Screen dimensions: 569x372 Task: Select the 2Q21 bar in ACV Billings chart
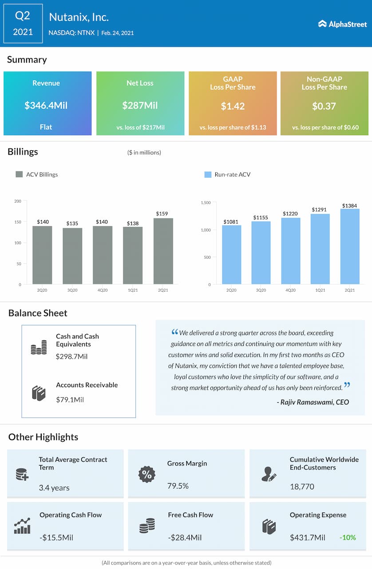click(163, 251)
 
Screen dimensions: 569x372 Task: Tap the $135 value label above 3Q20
click(72, 223)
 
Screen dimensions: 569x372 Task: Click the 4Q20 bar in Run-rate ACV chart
click(291, 251)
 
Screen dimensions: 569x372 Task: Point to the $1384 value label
click(350, 205)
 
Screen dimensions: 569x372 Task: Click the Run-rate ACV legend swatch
click(208, 175)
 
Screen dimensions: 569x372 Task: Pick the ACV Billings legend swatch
click(19, 175)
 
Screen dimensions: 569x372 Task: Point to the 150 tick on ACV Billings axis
click(18, 222)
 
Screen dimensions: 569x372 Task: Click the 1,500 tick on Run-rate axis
click(205, 203)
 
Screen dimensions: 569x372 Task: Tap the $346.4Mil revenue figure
click(46, 106)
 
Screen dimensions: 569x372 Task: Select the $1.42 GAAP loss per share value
click(233, 106)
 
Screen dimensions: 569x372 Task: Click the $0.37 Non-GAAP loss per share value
click(324, 106)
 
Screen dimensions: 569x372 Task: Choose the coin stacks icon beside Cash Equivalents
click(39, 347)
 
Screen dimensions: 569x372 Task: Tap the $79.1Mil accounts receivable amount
click(70, 400)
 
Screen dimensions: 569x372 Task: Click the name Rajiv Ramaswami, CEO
click(313, 402)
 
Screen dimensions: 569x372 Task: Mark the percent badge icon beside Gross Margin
click(146, 474)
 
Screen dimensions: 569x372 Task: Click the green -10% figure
click(348, 537)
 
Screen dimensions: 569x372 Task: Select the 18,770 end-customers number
click(302, 487)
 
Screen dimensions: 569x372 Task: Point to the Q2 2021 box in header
click(23, 24)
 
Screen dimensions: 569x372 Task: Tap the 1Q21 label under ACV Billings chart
click(133, 290)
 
